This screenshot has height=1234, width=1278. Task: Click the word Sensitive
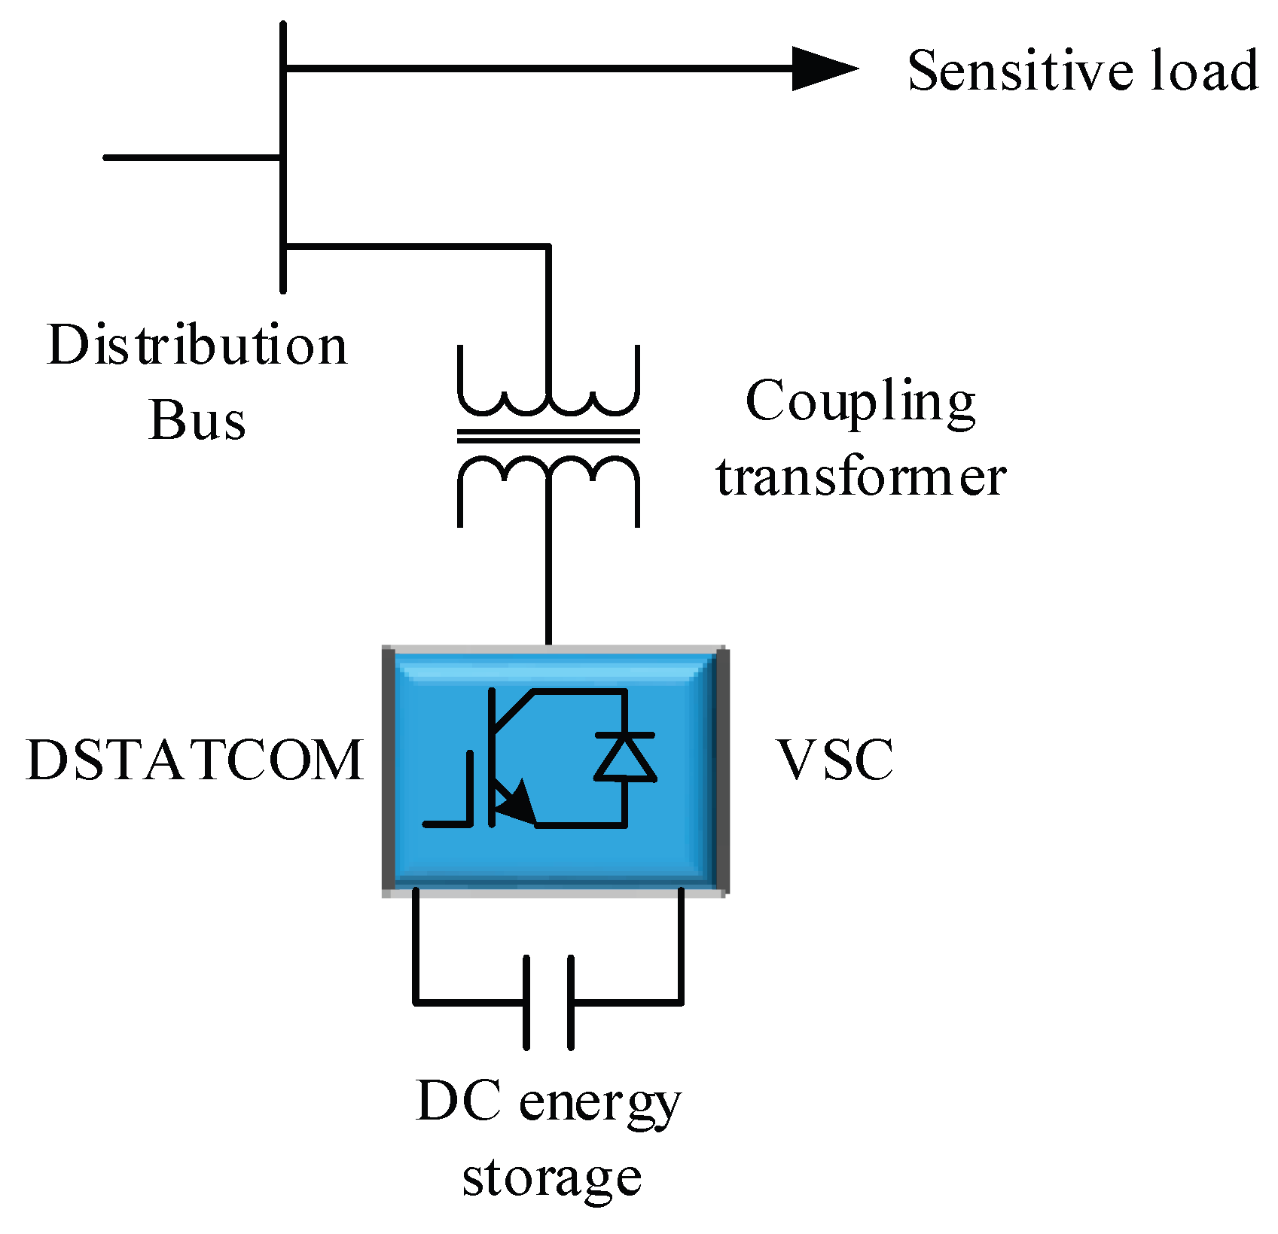pos(1020,70)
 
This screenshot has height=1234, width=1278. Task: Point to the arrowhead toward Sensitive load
pos(824,69)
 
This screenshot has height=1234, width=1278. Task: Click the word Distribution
pos(197,345)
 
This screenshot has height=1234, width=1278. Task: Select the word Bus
pos(197,419)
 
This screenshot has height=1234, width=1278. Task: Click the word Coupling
pos(860,402)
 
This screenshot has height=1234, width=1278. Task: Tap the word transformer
pos(861,477)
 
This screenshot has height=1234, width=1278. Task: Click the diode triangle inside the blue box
pos(624,757)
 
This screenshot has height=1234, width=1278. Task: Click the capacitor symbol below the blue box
pos(548,1002)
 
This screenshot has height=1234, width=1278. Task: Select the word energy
pos(599,1105)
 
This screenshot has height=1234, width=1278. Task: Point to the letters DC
pos(458,1101)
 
